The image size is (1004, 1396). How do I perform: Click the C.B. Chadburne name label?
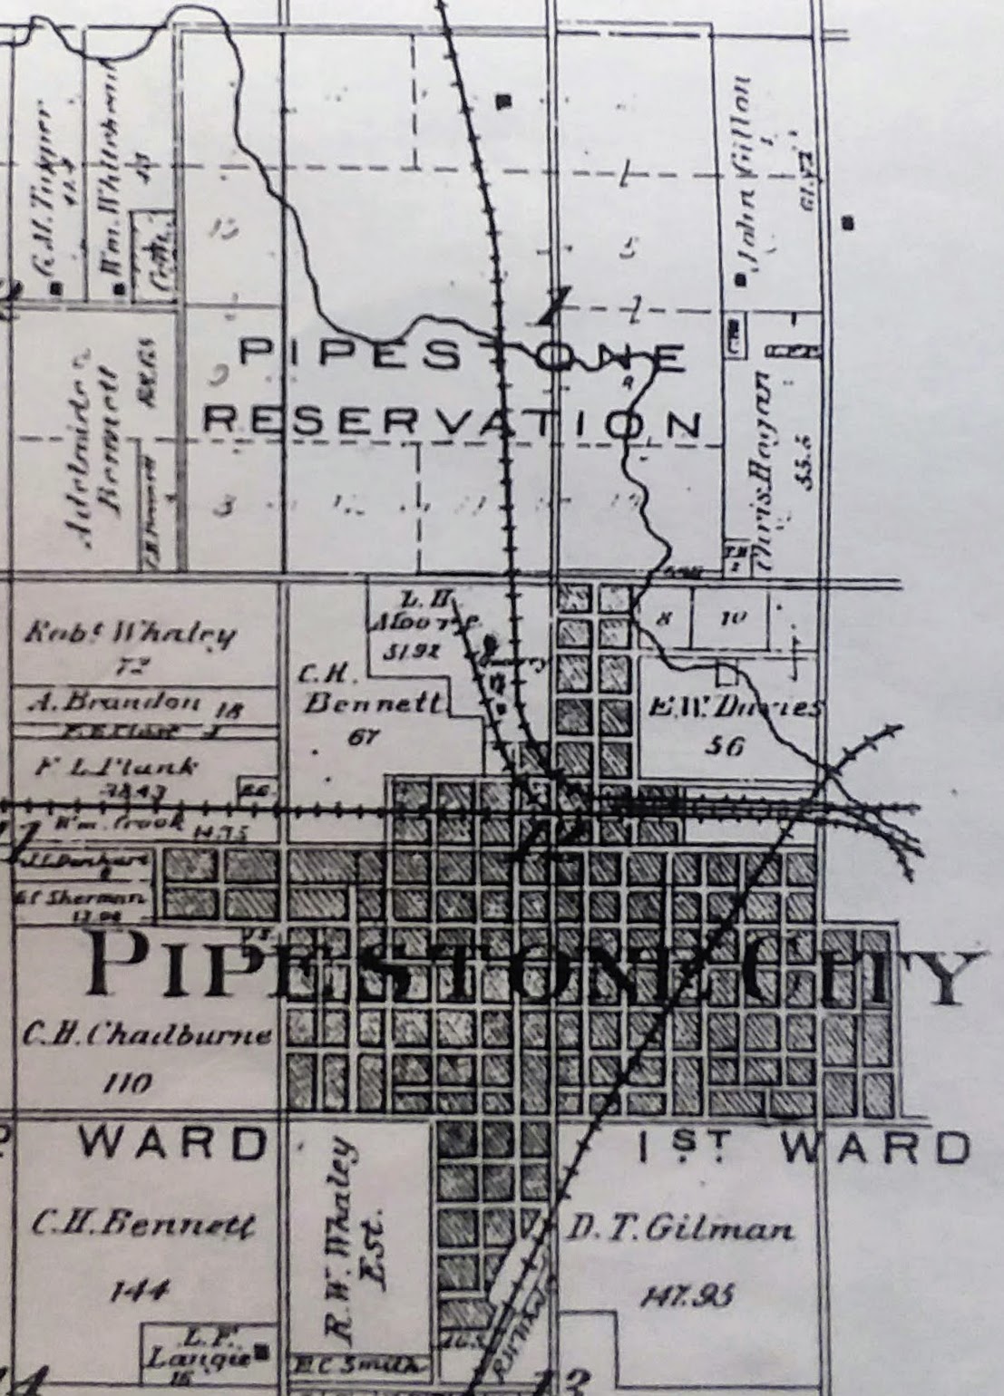tap(144, 1034)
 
